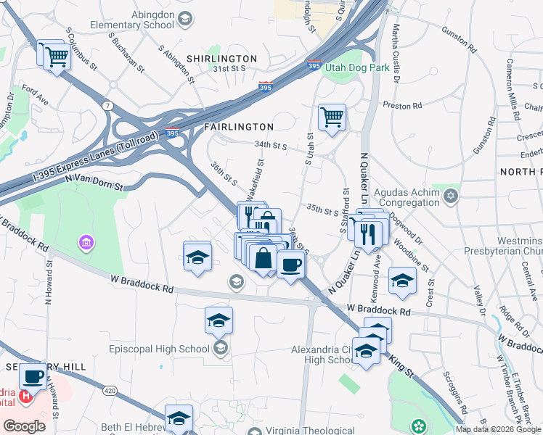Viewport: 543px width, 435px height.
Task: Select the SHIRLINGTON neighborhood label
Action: (x=221, y=58)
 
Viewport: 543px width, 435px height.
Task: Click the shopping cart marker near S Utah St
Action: (x=332, y=117)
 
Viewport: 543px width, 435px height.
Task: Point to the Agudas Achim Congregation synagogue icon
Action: (x=450, y=195)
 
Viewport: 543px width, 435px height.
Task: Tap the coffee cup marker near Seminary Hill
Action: (x=33, y=376)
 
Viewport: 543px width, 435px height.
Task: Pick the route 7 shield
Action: (x=107, y=105)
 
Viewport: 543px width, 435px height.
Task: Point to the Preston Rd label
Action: (x=402, y=105)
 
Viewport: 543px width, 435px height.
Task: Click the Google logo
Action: (x=24, y=426)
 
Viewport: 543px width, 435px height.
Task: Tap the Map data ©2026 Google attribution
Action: (x=497, y=429)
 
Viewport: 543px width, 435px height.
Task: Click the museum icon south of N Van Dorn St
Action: (x=86, y=241)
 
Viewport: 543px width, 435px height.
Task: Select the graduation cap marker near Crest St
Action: (x=402, y=281)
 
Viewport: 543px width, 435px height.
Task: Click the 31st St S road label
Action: (x=229, y=69)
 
